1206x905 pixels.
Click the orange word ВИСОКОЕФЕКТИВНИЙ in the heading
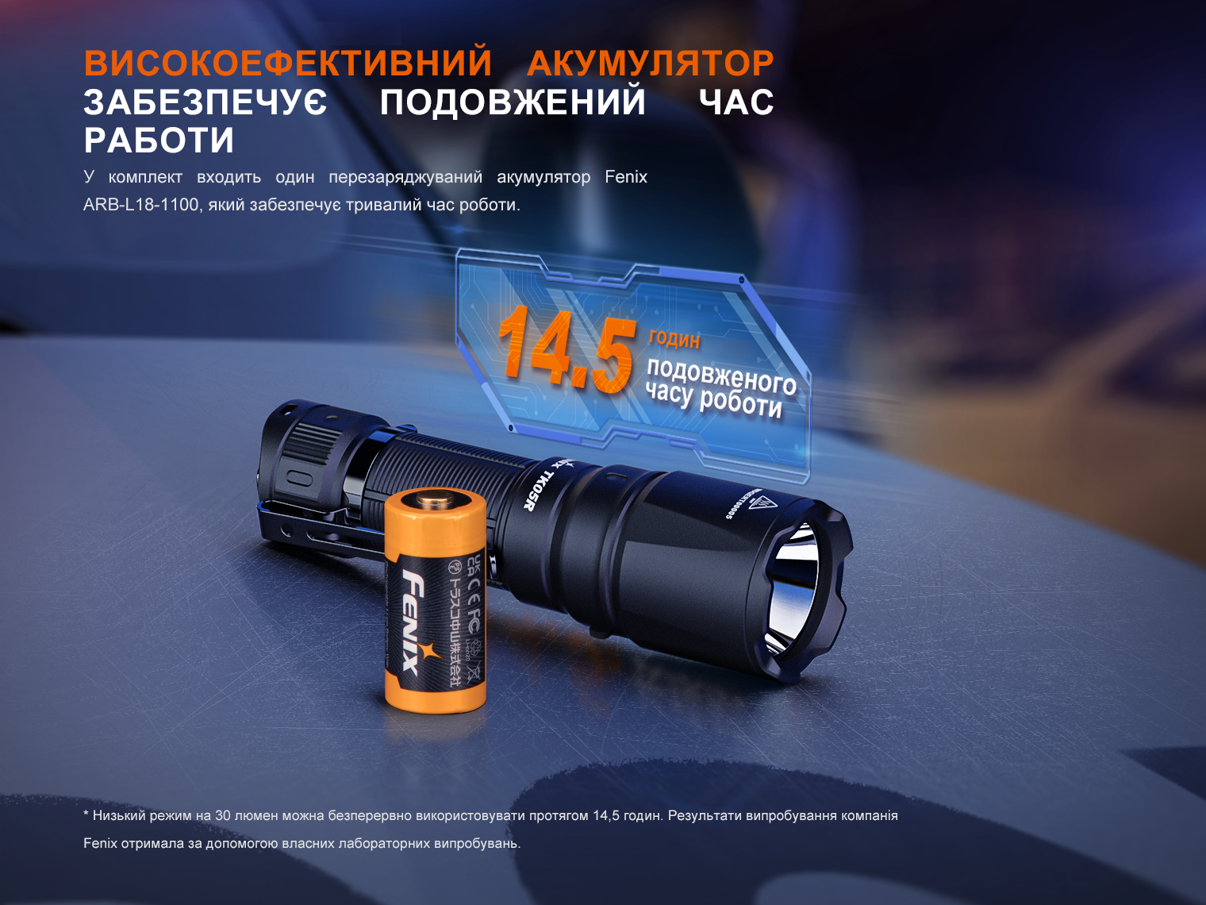pyautogui.click(x=288, y=64)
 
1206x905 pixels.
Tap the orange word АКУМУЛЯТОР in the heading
pyautogui.click(x=650, y=64)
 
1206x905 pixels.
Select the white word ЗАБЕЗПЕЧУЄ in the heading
pyautogui.click(x=205, y=102)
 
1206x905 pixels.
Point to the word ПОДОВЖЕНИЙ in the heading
pyautogui.click(x=513, y=102)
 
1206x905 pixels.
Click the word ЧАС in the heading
pyautogui.click(x=736, y=102)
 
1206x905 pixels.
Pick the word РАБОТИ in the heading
pyautogui.click(x=159, y=141)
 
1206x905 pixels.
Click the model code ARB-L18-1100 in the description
pyautogui.click(x=141, y=205)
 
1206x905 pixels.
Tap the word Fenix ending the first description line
pyautogui.click(x=626, y=177)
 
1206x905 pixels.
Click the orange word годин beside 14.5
pyautogui.click(x=674, y=339)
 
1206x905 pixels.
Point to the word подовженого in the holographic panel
pyautogui.click(x=721, y=375)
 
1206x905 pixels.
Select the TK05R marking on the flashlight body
pyautogui.click(x=538, y=486)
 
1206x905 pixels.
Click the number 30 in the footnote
pyautogui.click(x=223, y=816)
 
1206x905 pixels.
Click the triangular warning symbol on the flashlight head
pyautogui.click(x=762, y=503)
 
